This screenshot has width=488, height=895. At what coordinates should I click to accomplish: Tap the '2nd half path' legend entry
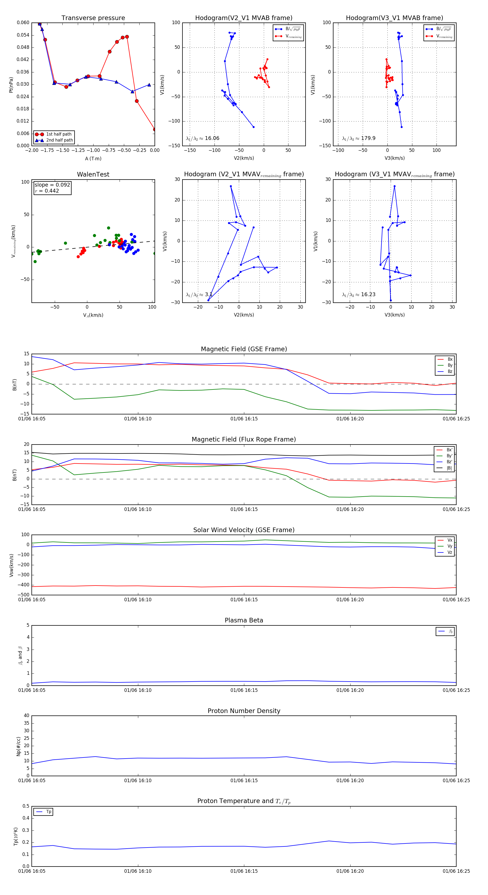click(59, 140)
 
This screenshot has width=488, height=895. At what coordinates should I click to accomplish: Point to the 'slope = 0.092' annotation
click(52, 185)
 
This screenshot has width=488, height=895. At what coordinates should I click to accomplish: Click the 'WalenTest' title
click(93, 174)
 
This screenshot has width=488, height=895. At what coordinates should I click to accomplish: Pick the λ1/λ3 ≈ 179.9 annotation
click(358, 138)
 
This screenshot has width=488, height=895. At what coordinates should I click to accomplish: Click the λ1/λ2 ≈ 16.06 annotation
click(203, 138)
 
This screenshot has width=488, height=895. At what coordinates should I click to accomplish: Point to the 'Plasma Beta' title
click(244, 620)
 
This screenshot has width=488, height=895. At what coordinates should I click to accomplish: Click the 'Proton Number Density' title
click(244, 711)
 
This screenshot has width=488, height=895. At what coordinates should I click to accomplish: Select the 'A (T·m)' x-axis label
click(93, 158)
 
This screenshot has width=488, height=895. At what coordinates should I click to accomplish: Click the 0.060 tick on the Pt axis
click(23, 23)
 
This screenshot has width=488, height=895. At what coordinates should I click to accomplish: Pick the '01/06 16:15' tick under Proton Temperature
click(244, 871)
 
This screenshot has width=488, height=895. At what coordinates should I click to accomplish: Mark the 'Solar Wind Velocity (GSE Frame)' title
click(244, 530)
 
